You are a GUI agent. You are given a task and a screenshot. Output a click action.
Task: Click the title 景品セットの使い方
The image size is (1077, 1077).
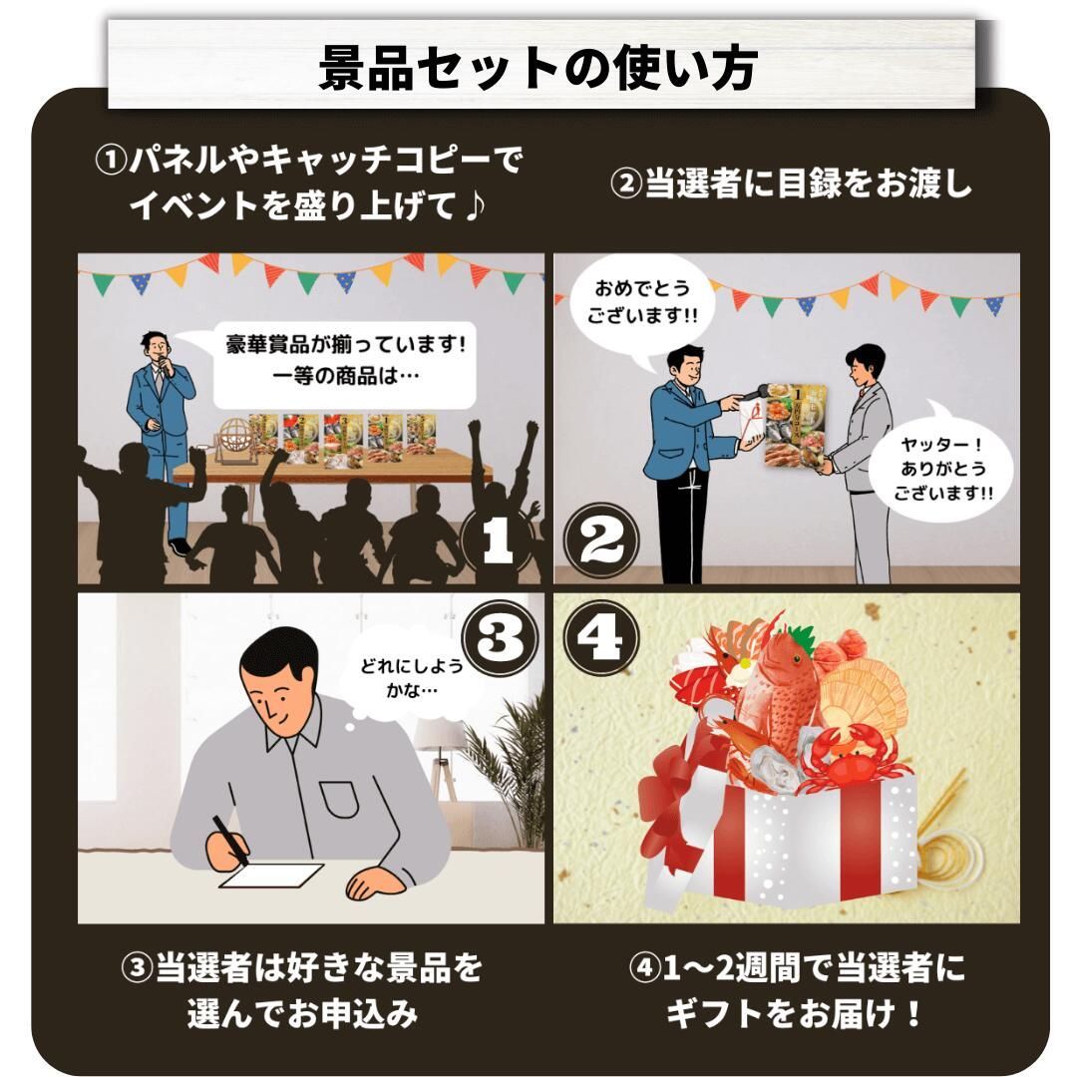[x=538, y=68]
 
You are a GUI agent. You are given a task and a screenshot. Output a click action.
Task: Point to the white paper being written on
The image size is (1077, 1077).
[x=272, y=876]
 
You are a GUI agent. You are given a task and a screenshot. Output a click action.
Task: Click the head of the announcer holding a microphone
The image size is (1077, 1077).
[x=156, y=349]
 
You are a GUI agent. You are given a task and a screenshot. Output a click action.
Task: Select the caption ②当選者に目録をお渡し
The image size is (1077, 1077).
[x=790, y=184]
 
